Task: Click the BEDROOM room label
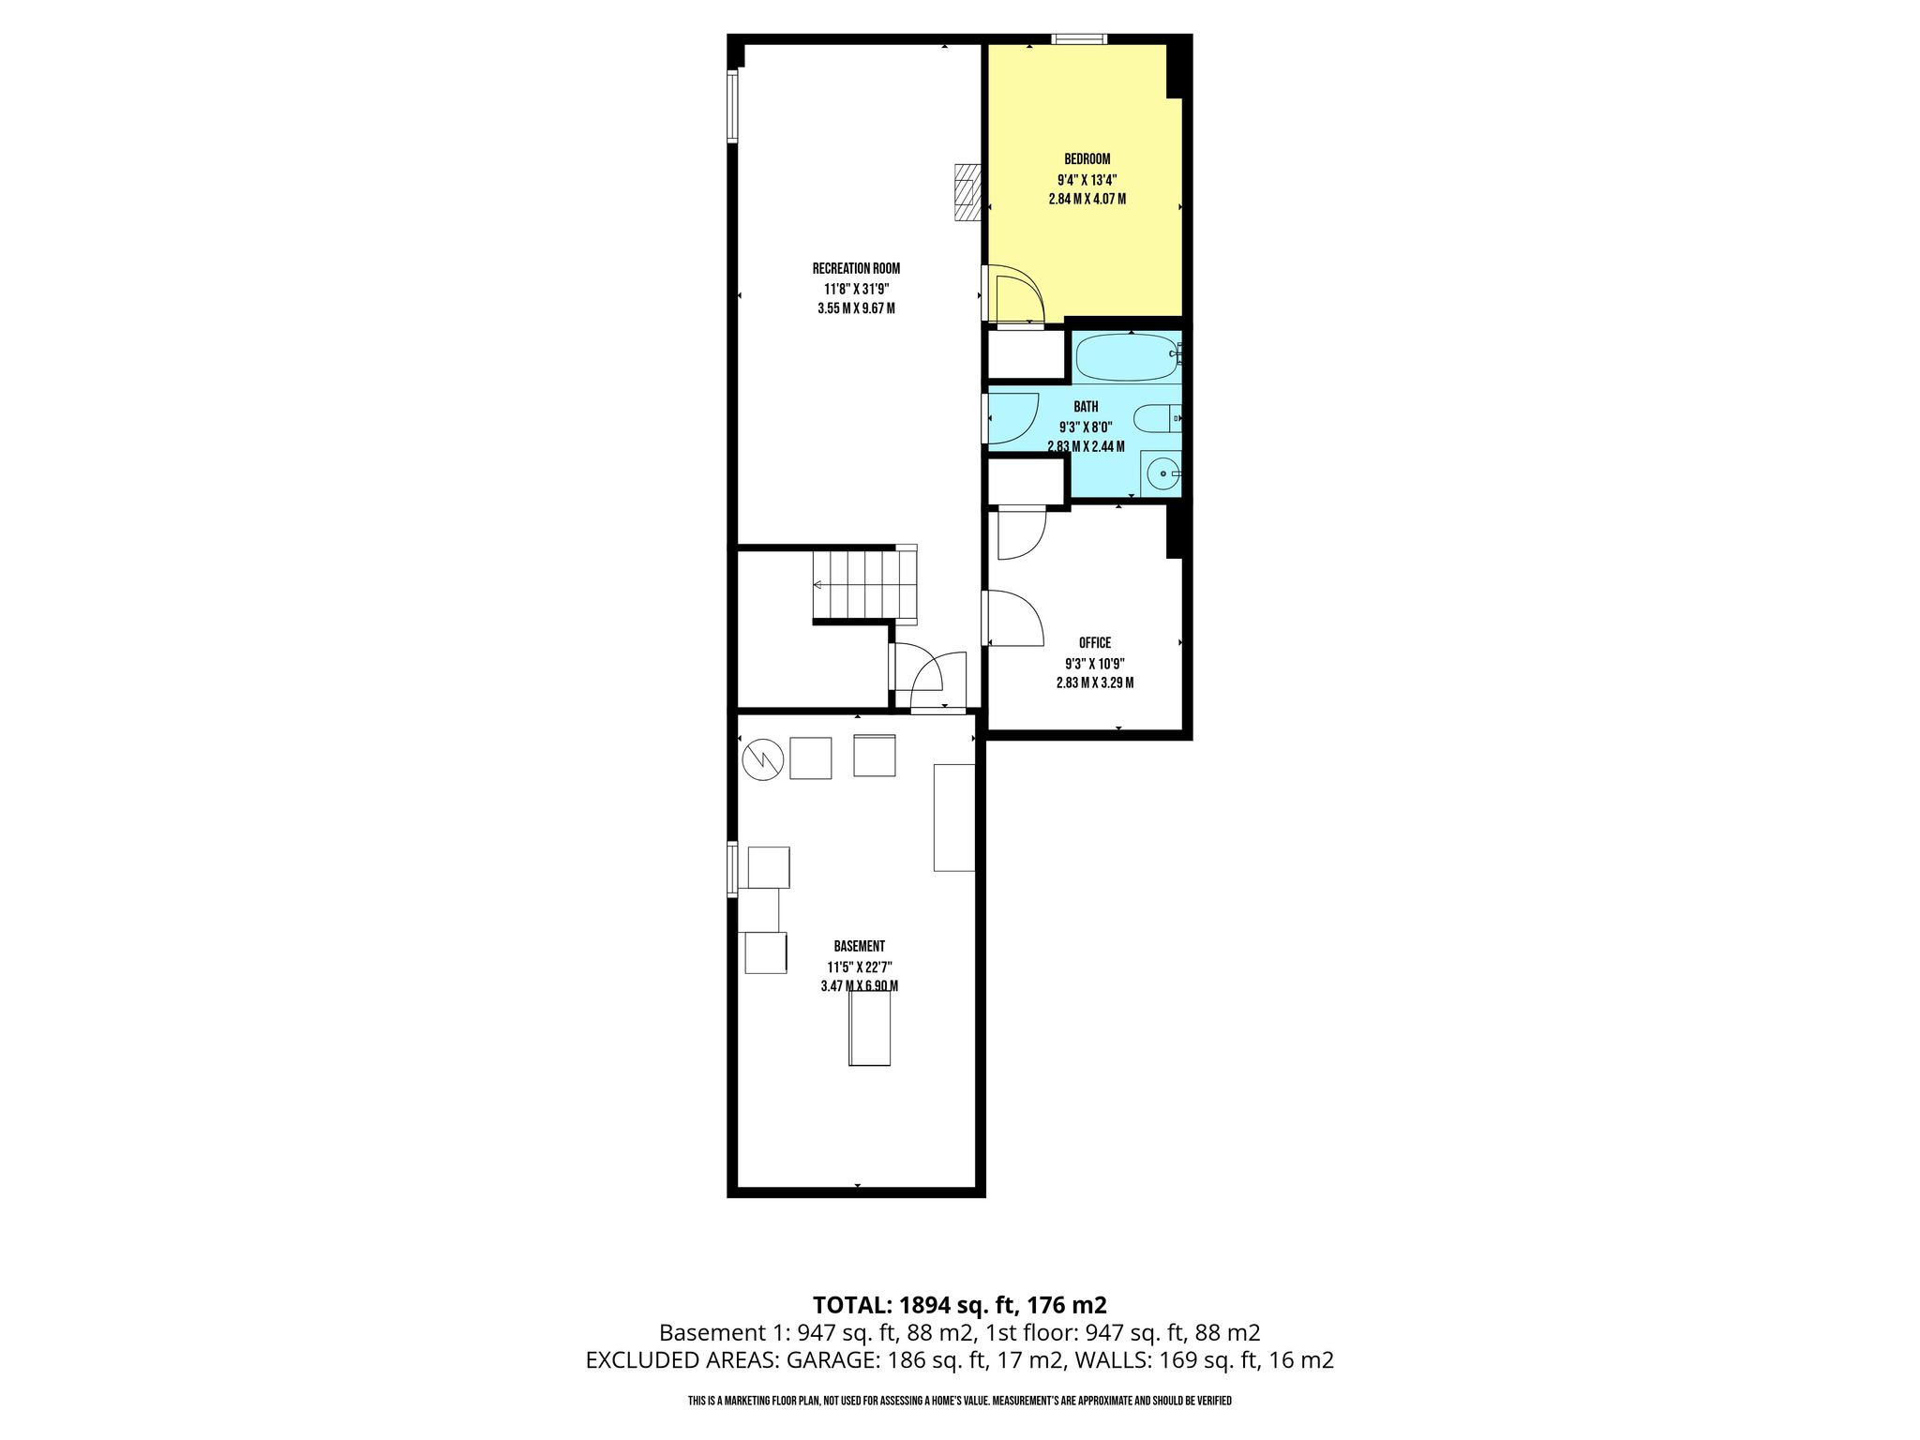pyautogui.click(x=1087, y=159)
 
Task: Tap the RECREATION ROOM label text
pyautogui.click(x=856, y=269)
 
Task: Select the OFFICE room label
pyautogui.click(x=1095, y=643)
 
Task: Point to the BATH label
pyautogui.click(x=1087, y=407)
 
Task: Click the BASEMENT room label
pyautogui.click(x=859, y=947)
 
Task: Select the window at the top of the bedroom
pyautogui.click(x=1079, y=39)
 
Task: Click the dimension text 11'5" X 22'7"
pyautogui.click(x=859, y=967)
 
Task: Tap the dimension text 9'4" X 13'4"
pyautogui.click(x=1087, y=180)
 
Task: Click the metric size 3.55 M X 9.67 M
pyautogui.click(x=856, y=308)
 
